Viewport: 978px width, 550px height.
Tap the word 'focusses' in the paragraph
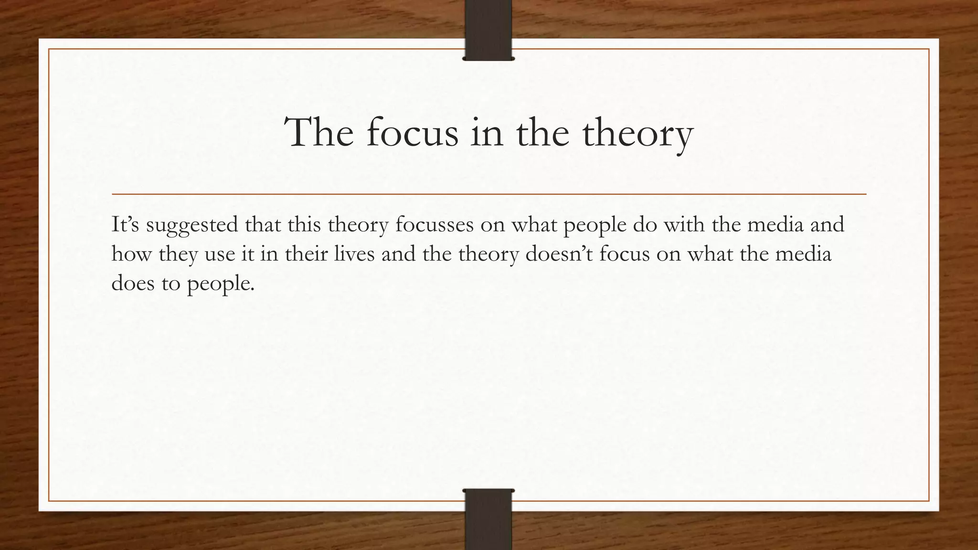pos(434,224)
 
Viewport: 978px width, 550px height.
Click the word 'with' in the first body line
pos(684,224)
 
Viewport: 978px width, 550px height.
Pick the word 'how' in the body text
pos(131,254)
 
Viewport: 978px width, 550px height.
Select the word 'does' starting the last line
pos(132,283)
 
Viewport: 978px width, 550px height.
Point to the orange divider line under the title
pos(489,194)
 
